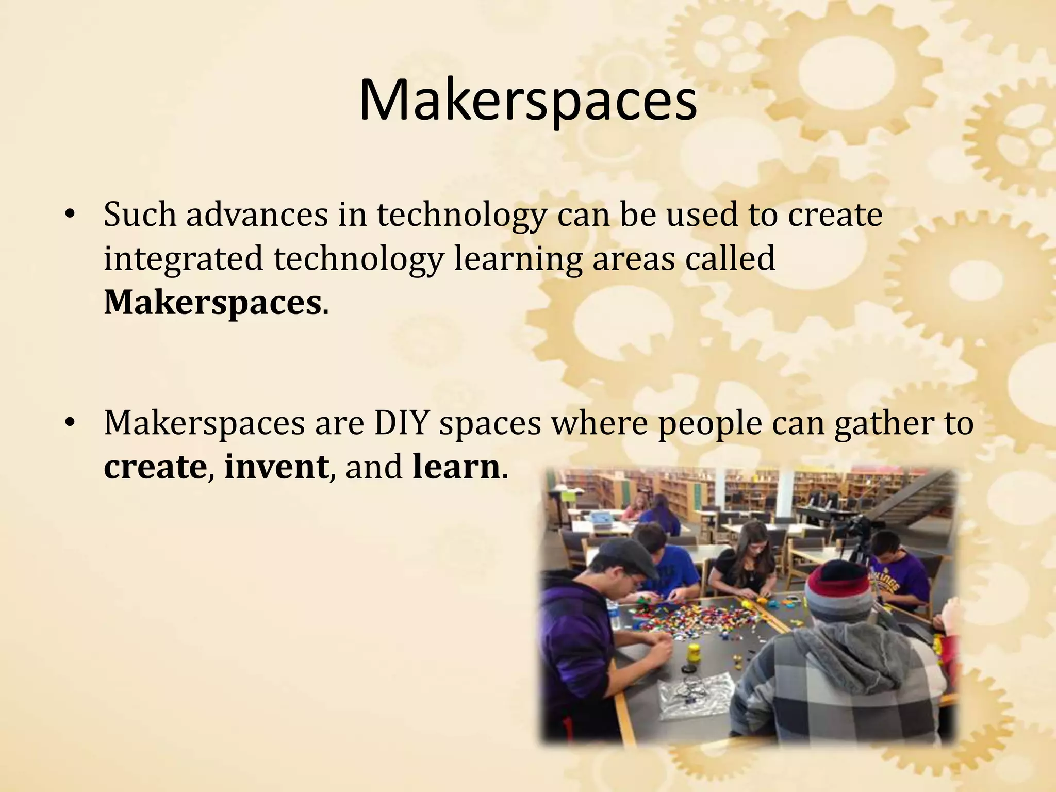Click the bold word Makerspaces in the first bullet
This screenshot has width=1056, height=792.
pos(212,303)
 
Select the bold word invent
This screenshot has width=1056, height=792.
pos(276,467)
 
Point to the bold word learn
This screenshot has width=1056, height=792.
pos(456,467)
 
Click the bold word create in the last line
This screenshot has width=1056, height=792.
pos(155,467)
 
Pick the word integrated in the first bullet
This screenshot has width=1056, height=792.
pos(183,259)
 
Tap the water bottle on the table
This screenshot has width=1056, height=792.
pos(614,614)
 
